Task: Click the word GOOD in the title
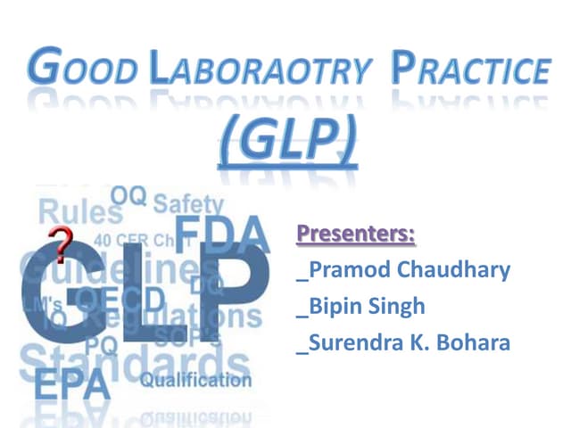click(x=86, y=70)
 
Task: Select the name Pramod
click(x=343, y=270)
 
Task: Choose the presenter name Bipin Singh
click(x=365, y=307)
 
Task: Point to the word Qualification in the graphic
click(x=195, y=381)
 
